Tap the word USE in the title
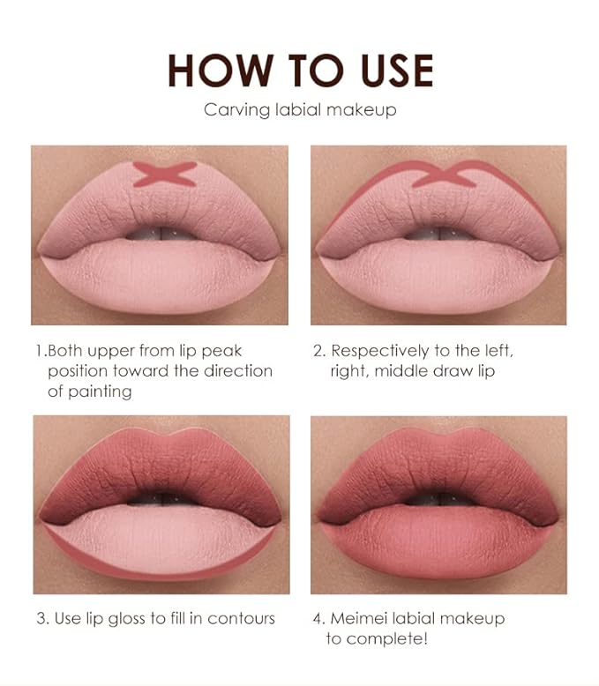pos(388,71)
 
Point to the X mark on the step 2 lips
pos(444,175)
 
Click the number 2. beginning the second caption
pos(320,351)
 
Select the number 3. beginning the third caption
pos(42,618)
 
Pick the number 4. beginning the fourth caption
pos(320,618)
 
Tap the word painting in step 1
pos(102,390)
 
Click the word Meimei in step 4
pos(361,618)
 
